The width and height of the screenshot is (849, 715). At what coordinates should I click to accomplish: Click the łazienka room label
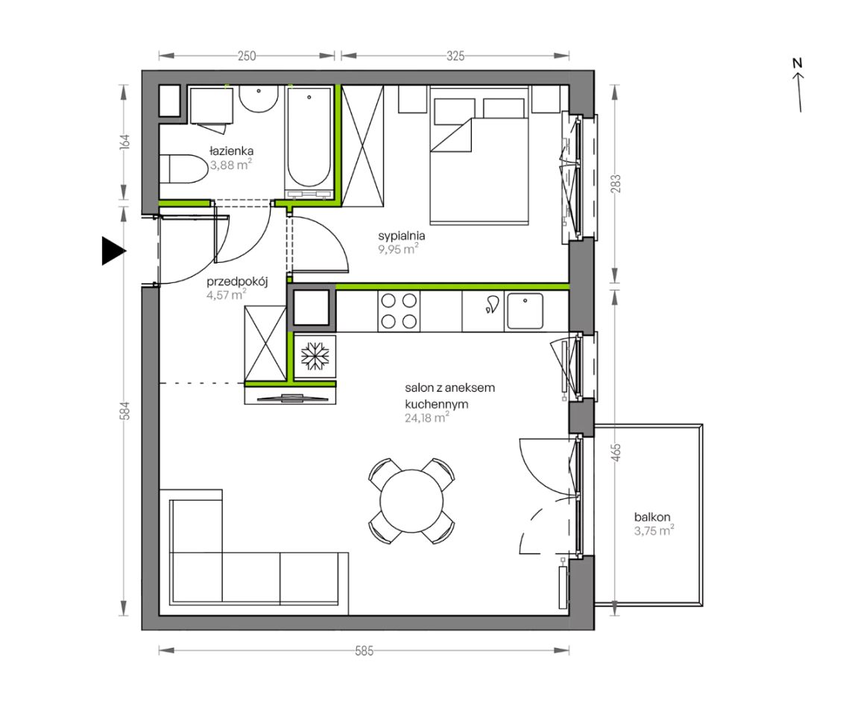(x=231, y=151)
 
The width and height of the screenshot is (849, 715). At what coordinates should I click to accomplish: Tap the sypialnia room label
(x=401, y=236)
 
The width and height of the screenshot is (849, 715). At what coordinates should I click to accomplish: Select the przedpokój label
(x=237, y=282)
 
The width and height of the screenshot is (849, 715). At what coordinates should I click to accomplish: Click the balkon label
(x=652, y=517)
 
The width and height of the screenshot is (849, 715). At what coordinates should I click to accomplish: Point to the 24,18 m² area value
(x=426, y=418)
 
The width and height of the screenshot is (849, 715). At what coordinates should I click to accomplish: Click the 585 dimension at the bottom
(x=364, y=651)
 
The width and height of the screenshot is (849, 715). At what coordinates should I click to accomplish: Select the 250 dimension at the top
(x=247, y=56)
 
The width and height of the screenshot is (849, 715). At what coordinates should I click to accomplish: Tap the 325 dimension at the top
(x=455, y=56)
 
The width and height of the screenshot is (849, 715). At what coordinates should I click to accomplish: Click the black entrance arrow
(x=114, y=251)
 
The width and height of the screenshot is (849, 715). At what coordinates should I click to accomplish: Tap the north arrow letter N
(x=797, y=63)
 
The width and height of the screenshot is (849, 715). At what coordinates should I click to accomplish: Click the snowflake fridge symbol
(x=315, y=357)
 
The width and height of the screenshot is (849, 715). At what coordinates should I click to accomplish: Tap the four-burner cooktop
(x=399, y=311)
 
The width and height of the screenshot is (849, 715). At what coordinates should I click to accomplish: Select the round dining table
(x=411, y=500)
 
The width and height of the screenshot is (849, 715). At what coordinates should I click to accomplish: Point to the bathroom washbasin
(x=259, y=99)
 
